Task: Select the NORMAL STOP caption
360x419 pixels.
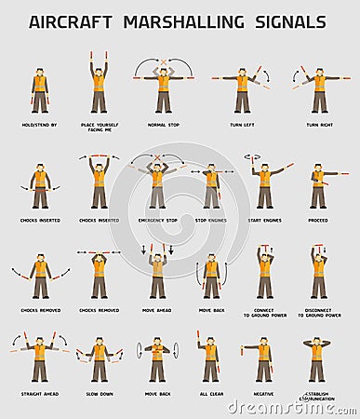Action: (163, 124)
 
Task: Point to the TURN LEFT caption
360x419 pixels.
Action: (243, 124)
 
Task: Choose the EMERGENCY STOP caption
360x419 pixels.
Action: (157, 221)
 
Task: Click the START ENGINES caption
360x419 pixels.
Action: (265, 221)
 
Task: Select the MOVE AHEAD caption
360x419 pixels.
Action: (157, 310)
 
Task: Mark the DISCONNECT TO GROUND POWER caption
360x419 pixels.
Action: (319, 313)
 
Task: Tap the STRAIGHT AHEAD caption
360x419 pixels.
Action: (39, 394)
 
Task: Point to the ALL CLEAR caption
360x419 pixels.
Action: (211, 394)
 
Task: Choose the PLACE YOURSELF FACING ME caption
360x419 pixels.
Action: (99, 127)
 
